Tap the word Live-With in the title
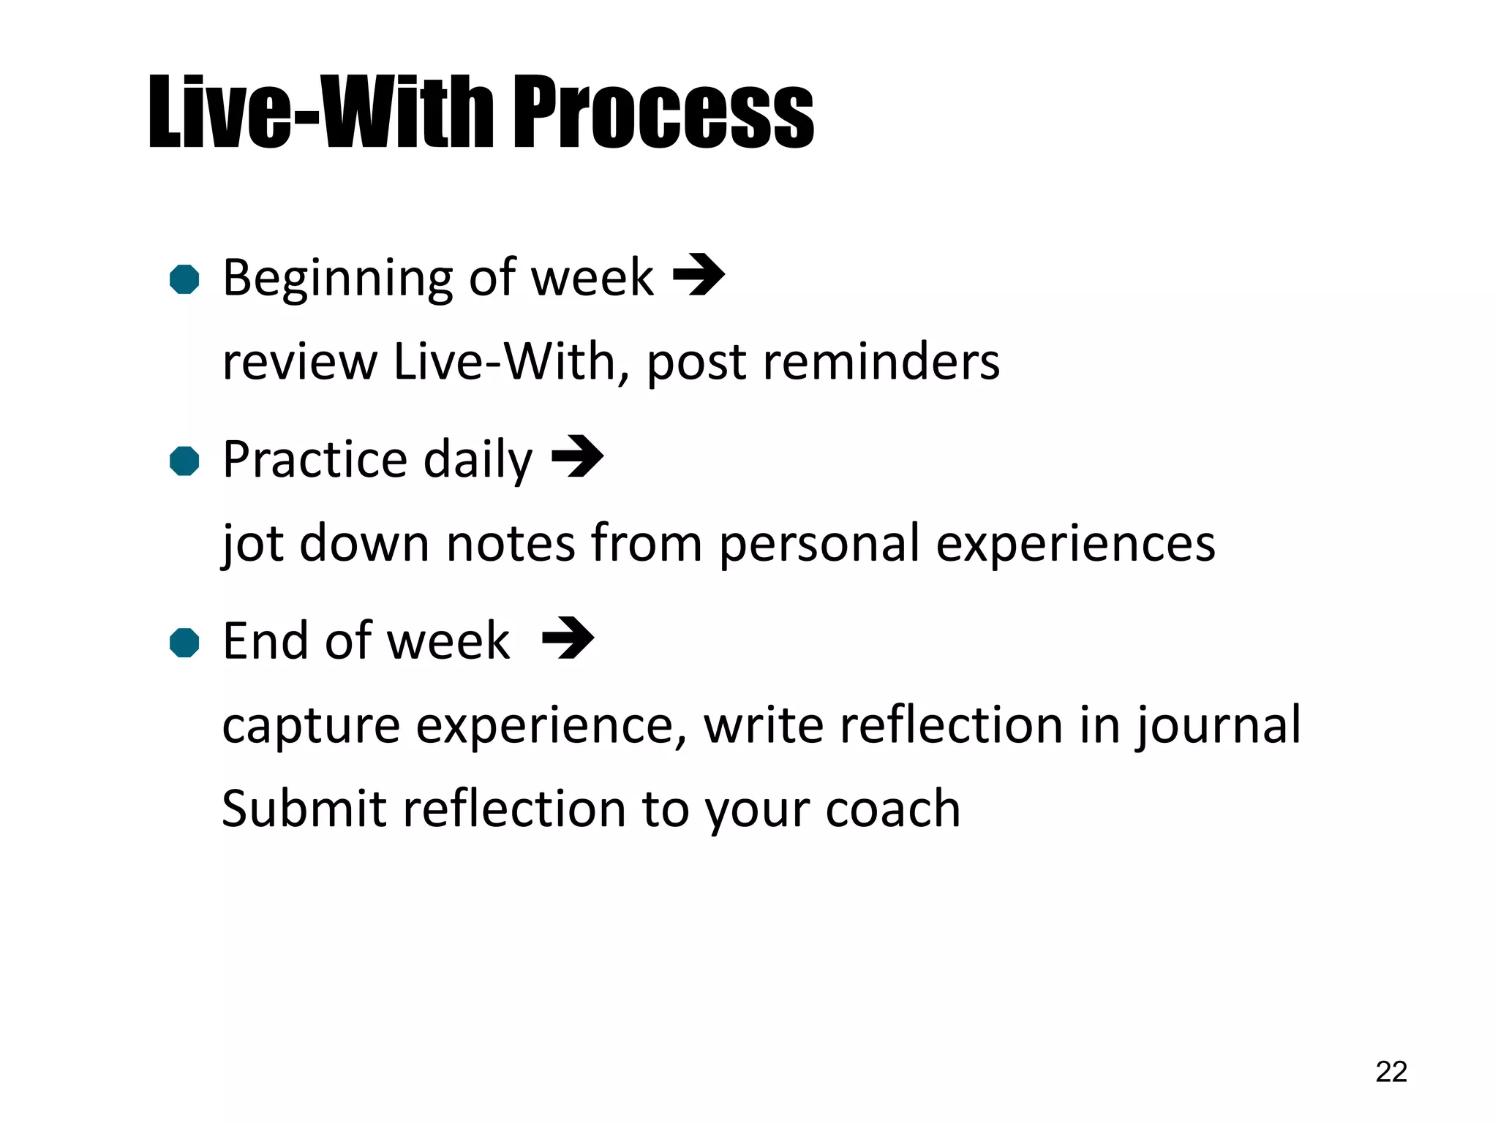pyautogui.click(x=322, y=113)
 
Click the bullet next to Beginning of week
pyautogui.click(x=184, y=279)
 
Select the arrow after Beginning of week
pyautogui.click(x=699, y=275)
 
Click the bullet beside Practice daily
pyautogui.click(x=184, y=461)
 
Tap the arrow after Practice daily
pyautogui.click(x=577, y=456)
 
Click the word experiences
pyautogui.click(x=1075, y=545)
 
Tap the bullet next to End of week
pyautogui.click(x=184, y=643)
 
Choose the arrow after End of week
pyautogui.click(x=568, y=638)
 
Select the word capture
pyautogui.click(x=311, y=727)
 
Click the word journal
pyautogui.click(x=1219, y=727)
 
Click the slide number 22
pyautogui.click(x=1390, y=1072)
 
